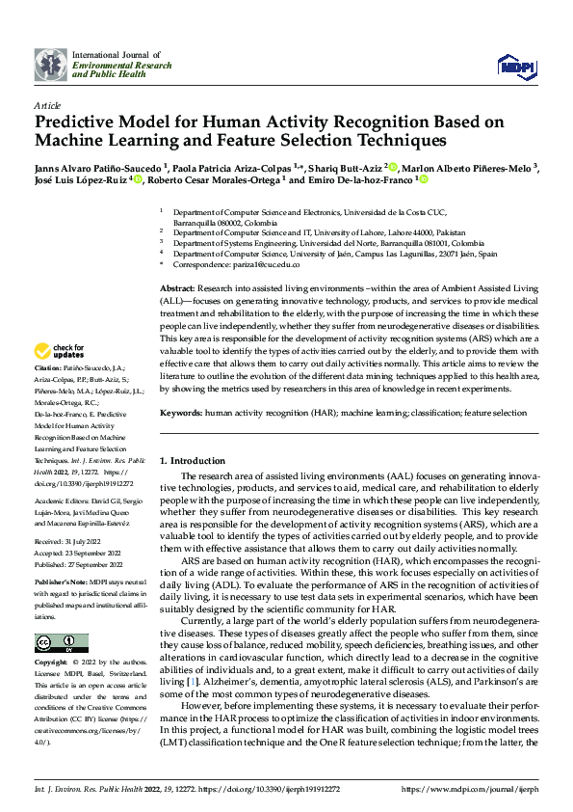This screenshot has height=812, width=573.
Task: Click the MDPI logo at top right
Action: tap(517, 64)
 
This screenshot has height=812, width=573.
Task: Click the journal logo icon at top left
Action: tap(50, 64)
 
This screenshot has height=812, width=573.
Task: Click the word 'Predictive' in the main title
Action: tap(78, 122)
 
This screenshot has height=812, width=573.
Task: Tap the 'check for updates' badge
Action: tap(59, 351)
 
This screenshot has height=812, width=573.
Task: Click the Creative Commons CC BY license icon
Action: tap(60, 642)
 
